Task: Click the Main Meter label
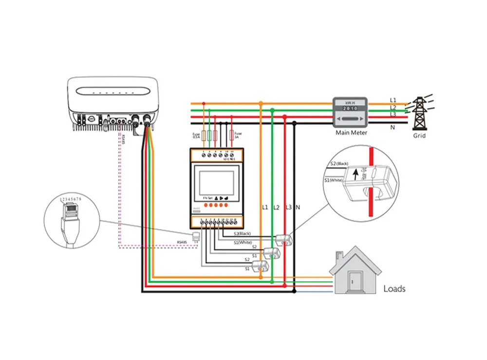pyautogui.click(x=351, y=132)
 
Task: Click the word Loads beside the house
pyautogui.click(x=394, y=288)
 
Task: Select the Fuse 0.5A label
pyautogui.click(x=196, y=135)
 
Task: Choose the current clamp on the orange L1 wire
pyautogui.click(x=262, y=265)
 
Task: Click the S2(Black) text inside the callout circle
pyautogui.click(x=339, y=164)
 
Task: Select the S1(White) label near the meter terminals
pyautogui.click(x=243, y=242)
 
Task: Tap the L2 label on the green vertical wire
pyautogui.click(x=276, y=208)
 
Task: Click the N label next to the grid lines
pyautogui.click(x=393, y=127)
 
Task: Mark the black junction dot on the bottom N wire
pyautogui.click(x=294, y=291)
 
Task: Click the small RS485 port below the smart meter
pyautogui.click(x=196, y=237)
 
